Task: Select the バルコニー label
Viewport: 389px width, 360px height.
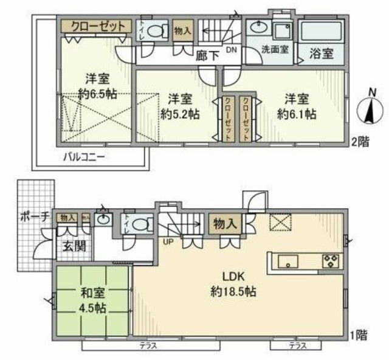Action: (x=86, y=157)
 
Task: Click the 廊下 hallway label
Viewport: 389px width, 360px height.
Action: (x=207, y=54)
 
